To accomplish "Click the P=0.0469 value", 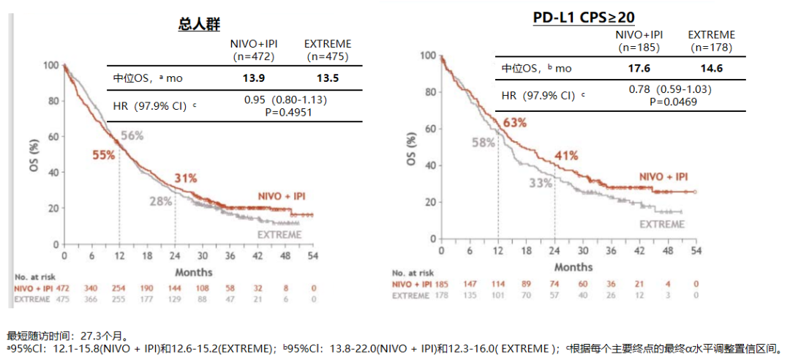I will click(670, 102).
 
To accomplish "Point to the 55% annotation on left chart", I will click(104, 154).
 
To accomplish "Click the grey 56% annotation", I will click(132, 135).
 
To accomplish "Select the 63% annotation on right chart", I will click(514, 122).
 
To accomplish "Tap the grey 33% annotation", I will click(541, 183).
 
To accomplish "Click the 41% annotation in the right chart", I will click(566, 155).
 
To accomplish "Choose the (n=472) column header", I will click(252, 56).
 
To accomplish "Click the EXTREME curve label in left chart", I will click(279, 235).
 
